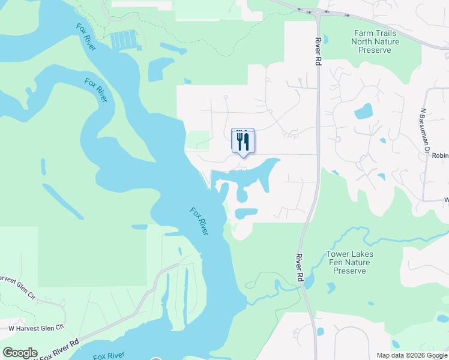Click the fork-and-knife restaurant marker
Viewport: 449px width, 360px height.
click(243, 142)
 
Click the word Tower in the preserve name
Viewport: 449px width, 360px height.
click(337, 254)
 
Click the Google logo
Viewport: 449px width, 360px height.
click(20, 353)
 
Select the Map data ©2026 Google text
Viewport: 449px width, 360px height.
click(411, 355)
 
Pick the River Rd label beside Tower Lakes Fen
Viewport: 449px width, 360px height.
click(299, 268)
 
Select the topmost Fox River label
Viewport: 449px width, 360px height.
click(86, 37)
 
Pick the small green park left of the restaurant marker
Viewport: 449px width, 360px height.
click(198, 140)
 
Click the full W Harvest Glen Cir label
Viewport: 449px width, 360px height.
click(35, 328)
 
